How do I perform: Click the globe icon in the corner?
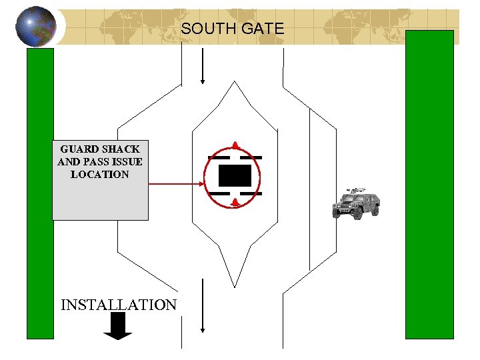tap(31, 27)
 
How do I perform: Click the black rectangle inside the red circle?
tap(235, 175)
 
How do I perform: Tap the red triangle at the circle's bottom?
tap(235, 202)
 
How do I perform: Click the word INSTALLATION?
tap(119, 305)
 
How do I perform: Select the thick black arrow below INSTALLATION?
tap(119, 326)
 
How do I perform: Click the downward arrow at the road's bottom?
tap(202, 306)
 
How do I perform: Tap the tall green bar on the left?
tap(39, 193)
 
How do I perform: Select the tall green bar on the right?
tap(429, 184)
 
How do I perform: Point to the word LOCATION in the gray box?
tap(100, 175)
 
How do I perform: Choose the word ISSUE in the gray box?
tap(127, 162)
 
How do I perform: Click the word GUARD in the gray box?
tap(79, 149)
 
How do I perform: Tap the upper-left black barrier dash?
tap(219, 157)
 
